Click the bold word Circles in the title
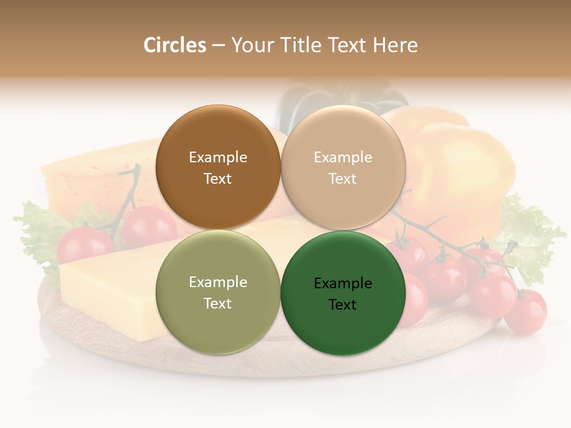174,45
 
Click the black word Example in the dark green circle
343,284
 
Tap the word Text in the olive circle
218,303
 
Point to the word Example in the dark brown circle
218,158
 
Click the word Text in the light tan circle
343,178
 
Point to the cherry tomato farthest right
526,311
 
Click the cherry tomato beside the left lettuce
83,244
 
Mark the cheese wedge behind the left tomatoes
89,178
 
